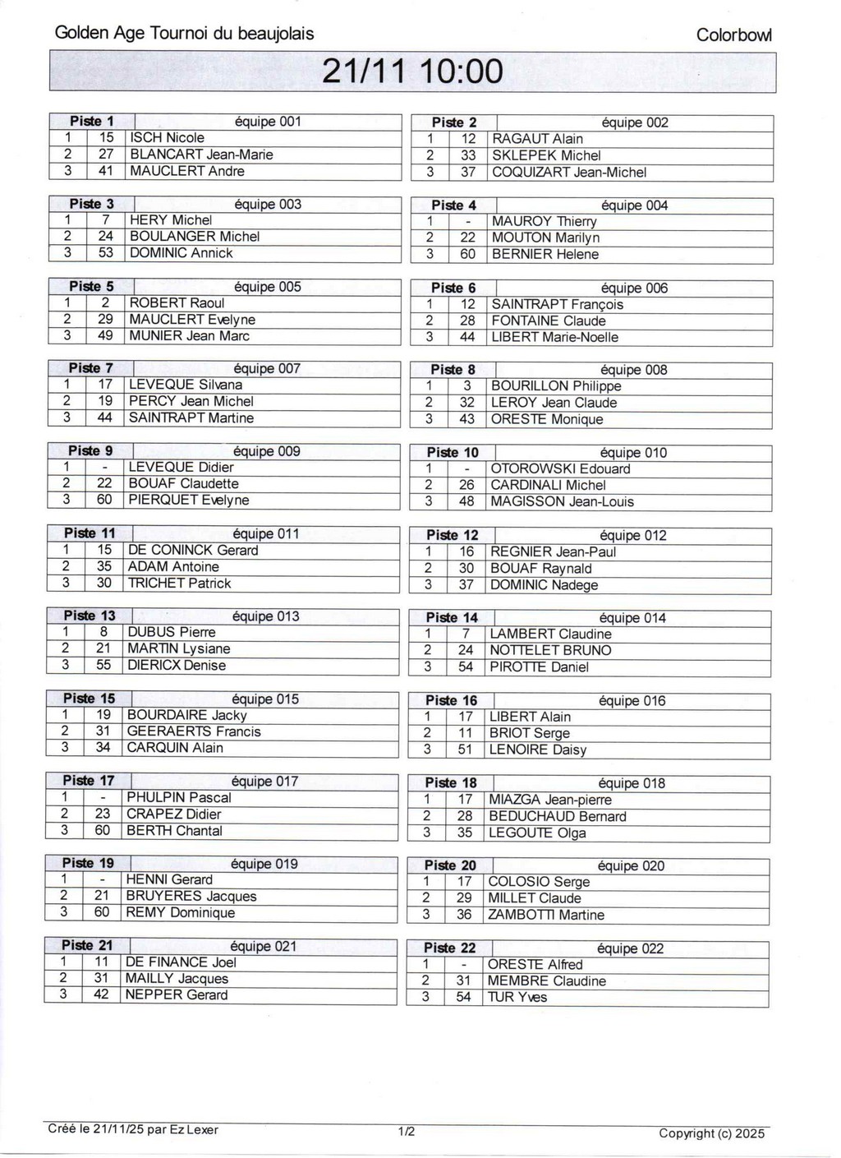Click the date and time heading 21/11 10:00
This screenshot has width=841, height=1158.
pos(412,72)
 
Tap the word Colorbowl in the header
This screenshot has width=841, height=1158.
pos(733,35)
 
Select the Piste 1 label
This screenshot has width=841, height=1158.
pos(92,122)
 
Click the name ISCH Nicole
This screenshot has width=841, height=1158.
pos(168,138)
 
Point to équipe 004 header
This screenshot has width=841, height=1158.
pos(634,205)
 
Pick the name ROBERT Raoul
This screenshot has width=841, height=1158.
pos(177,302)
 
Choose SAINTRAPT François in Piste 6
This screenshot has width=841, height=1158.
pos(557,304)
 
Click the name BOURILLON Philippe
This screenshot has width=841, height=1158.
pos(556,386)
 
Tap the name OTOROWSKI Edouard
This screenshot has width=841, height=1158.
pos(560,468)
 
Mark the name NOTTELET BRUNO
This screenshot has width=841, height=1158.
pos(550,650)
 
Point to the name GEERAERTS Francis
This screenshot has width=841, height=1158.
pos(194,731)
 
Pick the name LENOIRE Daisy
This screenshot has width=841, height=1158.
pos(537,750)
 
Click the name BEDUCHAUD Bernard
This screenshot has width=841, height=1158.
pos(557,816)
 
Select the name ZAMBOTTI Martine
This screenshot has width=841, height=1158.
pos(545,915)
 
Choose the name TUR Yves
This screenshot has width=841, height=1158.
pos(517,997)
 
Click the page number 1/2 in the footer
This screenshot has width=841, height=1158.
pos(407,1132)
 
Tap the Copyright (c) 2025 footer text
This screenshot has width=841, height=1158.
pos(711,1133)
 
